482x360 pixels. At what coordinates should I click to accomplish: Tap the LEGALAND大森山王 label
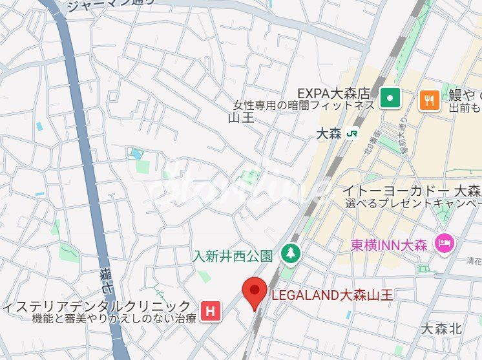point(332,295)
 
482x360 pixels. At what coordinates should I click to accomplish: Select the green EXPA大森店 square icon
point(390,98)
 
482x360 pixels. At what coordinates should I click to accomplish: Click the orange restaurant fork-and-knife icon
point(430,99)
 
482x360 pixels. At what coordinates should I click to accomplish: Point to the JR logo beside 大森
point(353,134)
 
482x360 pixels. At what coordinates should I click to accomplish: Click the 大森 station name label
point(331,134)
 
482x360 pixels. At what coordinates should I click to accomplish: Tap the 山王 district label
point(241,118)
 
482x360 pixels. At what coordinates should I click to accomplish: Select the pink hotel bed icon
point(445,243)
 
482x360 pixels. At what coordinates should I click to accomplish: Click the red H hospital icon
point(209,311)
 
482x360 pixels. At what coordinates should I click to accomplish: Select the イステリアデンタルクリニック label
point(97,306)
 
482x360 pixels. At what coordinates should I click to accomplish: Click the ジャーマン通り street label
point(110,6)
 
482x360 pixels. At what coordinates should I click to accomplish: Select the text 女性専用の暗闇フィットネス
point(304,105)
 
